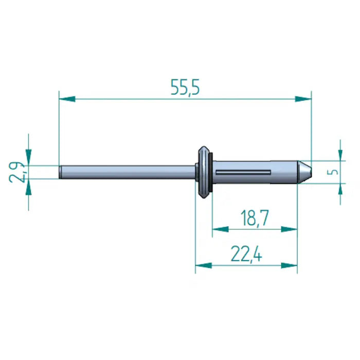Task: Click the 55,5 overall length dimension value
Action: [185, 88]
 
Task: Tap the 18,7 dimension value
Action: [254, 219]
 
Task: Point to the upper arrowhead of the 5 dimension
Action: [340, 153]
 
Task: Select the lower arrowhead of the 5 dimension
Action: [340, 190]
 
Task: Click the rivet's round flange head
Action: [205, 172]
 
